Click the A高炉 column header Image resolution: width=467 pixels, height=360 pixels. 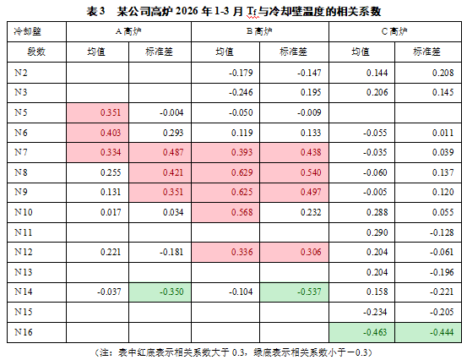(x=128, y=31)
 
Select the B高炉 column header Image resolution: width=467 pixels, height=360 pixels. (x=259, y=31)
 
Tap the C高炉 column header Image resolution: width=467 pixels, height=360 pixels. (x=394, y=31)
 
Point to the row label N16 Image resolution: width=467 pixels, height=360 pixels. (x=24, y=332)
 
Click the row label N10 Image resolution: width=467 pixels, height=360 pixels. (x=24, y=212)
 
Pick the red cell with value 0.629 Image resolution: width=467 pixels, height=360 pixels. (x=225, y=172)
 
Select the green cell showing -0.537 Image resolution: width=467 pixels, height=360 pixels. (x=294, y=292)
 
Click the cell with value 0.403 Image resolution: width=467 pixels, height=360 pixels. (x=98, y=133)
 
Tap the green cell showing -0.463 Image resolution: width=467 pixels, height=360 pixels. (x=362, y=332)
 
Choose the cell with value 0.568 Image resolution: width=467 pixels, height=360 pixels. (x=225, y=212)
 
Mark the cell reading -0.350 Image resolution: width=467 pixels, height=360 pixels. (x=160, y=292)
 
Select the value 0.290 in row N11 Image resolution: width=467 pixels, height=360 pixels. (x=377, y=232)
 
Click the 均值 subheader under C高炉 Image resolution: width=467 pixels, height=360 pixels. (x=361, y=52)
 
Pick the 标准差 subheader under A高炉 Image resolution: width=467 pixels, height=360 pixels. (x=159, y=52)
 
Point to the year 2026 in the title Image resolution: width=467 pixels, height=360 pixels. (x=187, y=11)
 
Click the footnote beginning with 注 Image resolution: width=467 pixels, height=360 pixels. (x=233, y=353)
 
